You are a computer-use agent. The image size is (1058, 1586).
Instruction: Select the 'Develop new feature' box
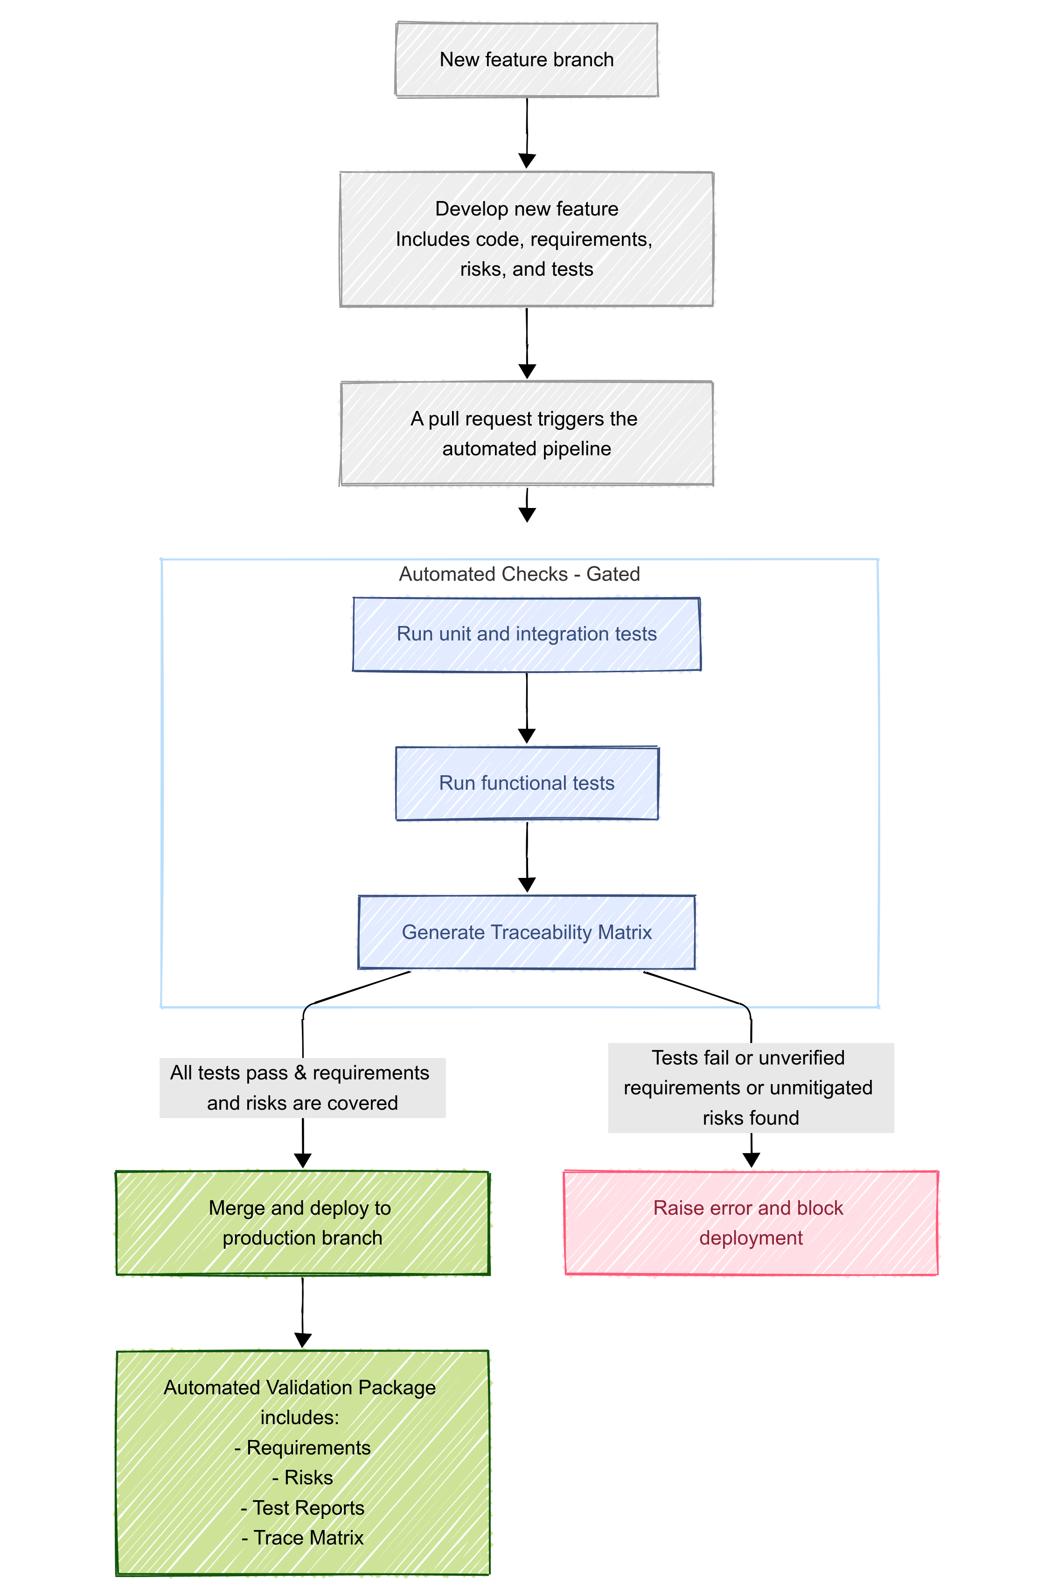click(526, 239)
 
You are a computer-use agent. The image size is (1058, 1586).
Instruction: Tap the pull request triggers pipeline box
click(526, 433)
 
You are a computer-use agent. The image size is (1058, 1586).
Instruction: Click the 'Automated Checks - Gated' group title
click(519, 574)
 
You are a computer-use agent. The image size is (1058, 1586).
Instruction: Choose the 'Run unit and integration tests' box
click(526, 634)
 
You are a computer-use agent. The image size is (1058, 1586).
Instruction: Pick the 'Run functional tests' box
click(526, 783)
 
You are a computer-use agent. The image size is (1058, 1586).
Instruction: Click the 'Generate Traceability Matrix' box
click(526, 932)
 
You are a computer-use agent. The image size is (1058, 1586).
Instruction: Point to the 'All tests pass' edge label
click(302, 1087)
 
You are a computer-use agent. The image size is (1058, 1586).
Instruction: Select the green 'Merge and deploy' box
click(302, 1223)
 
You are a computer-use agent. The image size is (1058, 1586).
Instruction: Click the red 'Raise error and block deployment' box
click(750, 1223)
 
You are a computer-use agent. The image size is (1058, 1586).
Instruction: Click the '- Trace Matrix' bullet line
click(302, 1537)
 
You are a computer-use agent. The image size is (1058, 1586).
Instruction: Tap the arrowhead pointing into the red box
click(751, 1160)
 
